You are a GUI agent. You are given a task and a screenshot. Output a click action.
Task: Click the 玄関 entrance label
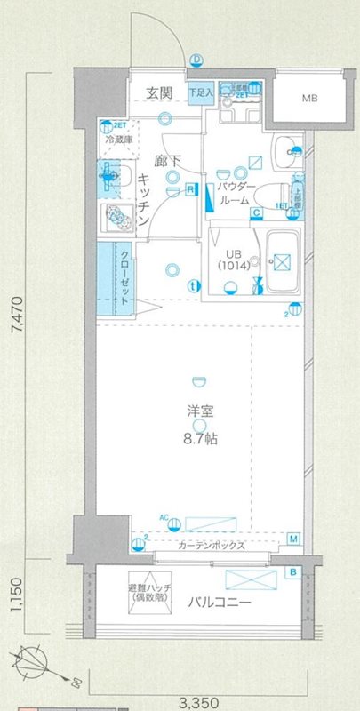click(159, 92)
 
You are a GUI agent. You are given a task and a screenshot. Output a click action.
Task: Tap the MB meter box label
click(308, 98)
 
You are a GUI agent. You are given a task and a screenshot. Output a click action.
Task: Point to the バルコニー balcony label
click(218, 603)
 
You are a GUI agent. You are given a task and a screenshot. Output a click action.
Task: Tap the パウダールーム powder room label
click(236, 194)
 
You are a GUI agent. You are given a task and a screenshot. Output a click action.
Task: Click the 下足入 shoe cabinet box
click(201, 92)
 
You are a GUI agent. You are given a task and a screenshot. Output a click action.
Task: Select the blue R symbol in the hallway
click(191, 188)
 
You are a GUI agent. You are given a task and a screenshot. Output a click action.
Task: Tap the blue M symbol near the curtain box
click(294, 539)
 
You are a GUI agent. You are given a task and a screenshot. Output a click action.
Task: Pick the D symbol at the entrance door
click(196, 60)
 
